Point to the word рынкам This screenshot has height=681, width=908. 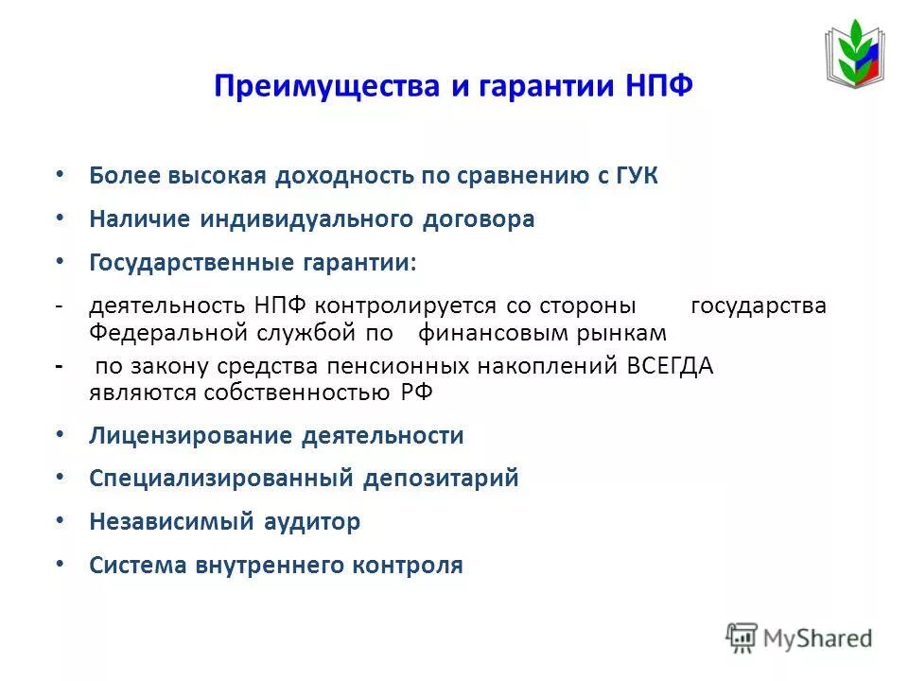[632, 333]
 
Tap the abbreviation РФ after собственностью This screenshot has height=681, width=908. [417, 393]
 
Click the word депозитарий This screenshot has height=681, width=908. [442, 479]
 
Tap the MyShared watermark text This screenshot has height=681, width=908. [820, 638]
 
